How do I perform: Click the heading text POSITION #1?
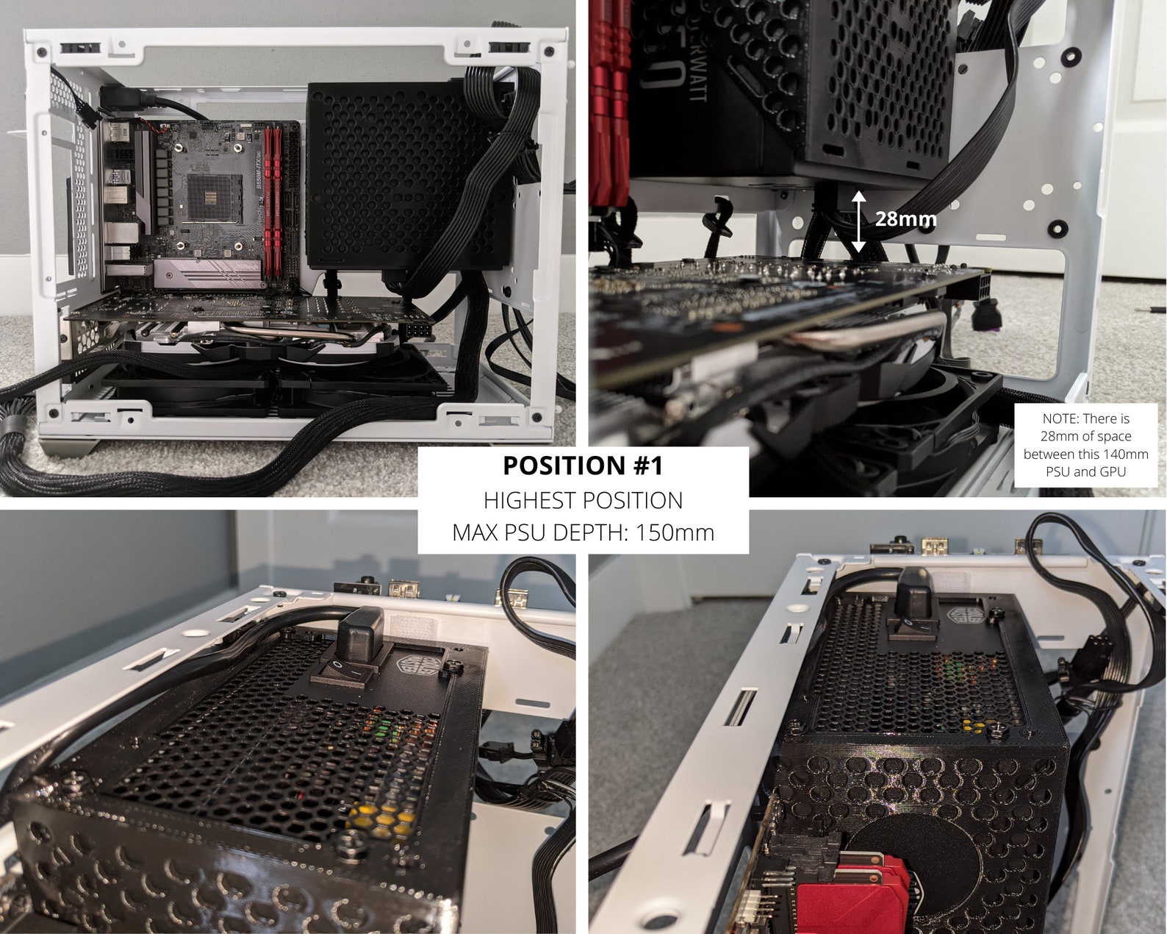click(x=583, y=466)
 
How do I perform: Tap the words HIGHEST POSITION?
click(x=583, y=500)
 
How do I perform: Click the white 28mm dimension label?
click(x=905, y=218)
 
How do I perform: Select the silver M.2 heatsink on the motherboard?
click(x=209, y=274)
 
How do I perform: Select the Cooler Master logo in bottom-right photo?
click(x=967, y=616)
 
